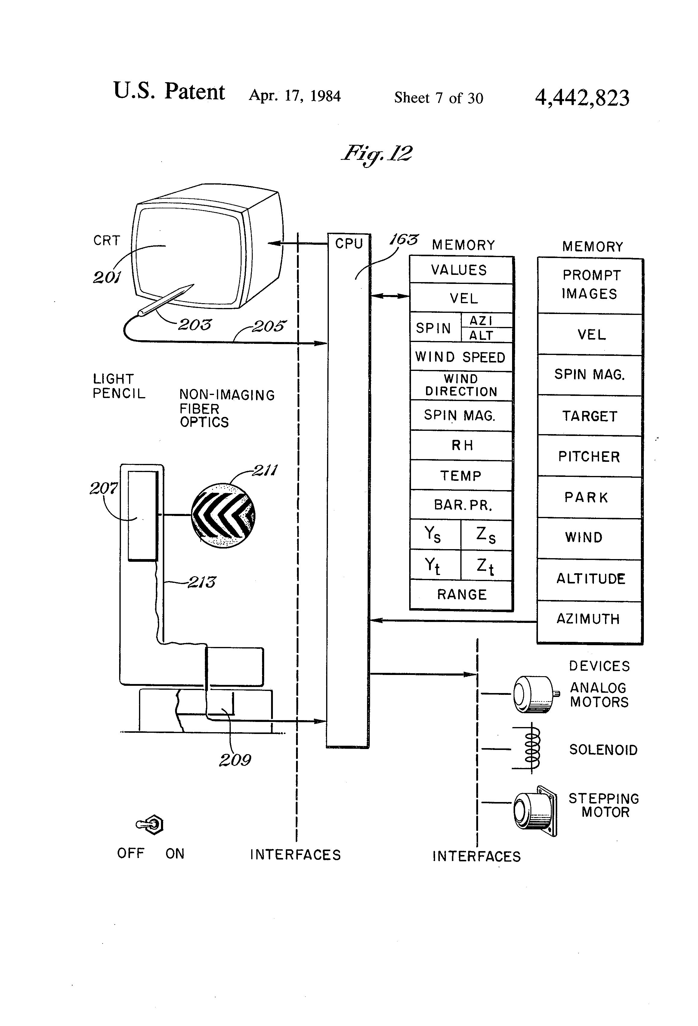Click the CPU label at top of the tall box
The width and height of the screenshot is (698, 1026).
pos(349,244)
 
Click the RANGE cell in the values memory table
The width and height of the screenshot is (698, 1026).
pos(462,595)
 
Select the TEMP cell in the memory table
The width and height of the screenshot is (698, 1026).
pos(462,475)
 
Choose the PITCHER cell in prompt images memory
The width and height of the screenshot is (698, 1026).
pos(589,456)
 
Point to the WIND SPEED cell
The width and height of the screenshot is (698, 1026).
pos(462,357)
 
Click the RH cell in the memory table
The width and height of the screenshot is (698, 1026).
pos(462,446)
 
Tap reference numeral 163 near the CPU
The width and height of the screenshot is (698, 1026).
pos(403,240)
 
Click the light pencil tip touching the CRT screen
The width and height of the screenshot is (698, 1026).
pos(193,285)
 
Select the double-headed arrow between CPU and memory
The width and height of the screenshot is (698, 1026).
pos(390,296)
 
